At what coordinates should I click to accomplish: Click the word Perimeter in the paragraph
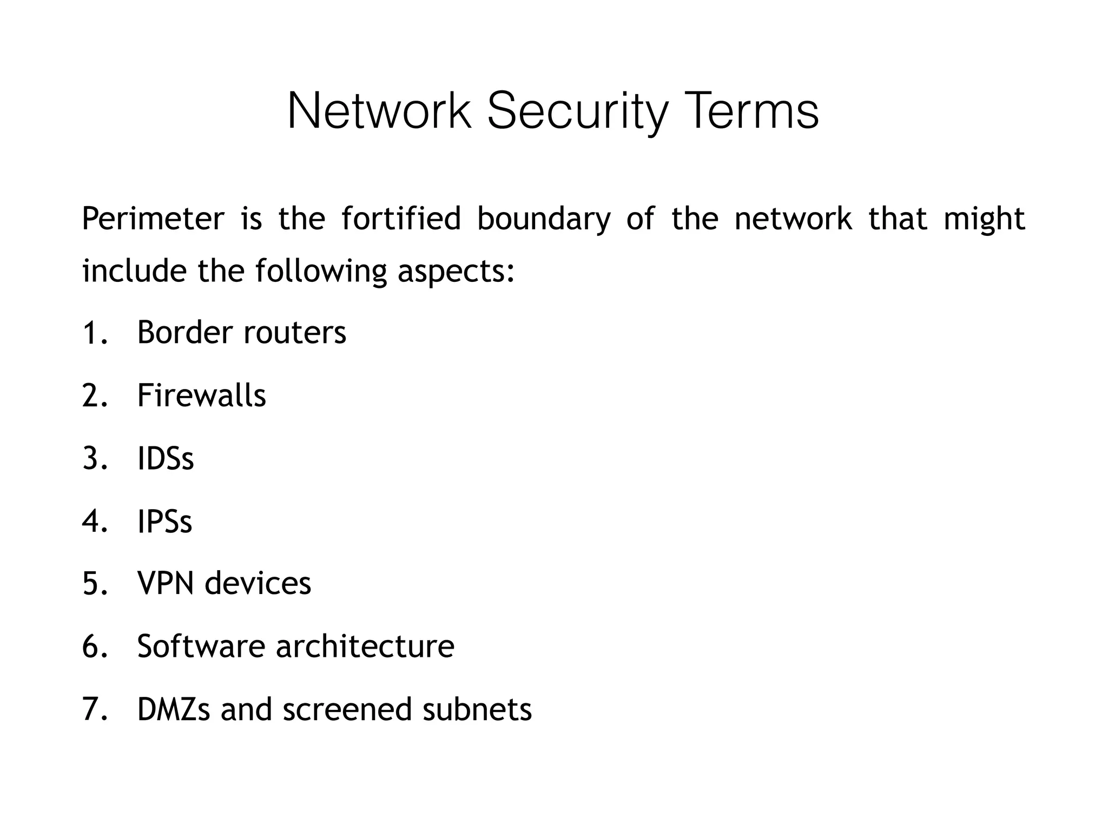pyautogui.click(x=153, y=219)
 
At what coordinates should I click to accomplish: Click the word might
pyautogui.click(x=984, y=219)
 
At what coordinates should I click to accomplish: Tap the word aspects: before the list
pyautogui.click(x=456, y=271)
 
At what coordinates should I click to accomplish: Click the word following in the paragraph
pyautogui.click(x=321, y=271)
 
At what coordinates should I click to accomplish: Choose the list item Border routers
pyautogui.click(x=241, y=332)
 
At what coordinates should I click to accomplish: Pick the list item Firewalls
pyautogui.click(x=201, y=395)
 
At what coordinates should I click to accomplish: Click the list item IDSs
pyautogui.click(x=166, y=458)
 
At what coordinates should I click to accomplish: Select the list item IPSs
pyautogui.click(x=164, y=522)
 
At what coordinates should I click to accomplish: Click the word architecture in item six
pyautogui.click(x=365, y=646)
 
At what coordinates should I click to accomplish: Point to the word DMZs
pyautogui.click(x=174, y=709)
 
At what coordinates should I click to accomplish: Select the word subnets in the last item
pyautogui.click(x=477, y=709)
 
